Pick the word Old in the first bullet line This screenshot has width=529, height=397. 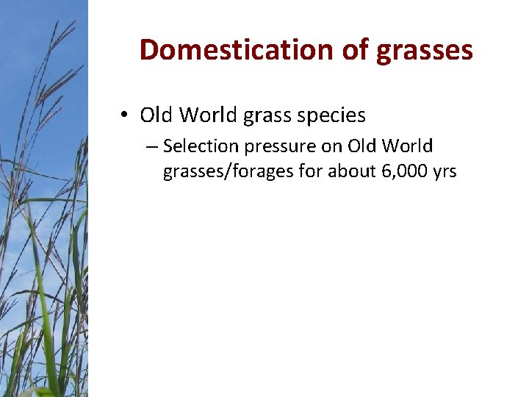[x=156, y=115]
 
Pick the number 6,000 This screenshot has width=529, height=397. [x=403, y=172]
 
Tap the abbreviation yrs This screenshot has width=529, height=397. [x=445, y=173]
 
